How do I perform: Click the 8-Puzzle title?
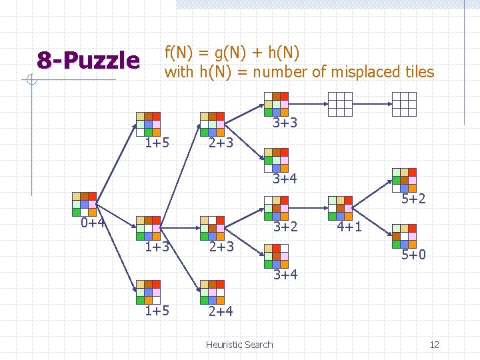88,61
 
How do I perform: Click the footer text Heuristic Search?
239,345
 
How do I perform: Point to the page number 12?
434,345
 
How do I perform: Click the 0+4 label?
93,223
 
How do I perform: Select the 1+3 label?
158,247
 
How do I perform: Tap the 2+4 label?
220,311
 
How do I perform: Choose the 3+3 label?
285,123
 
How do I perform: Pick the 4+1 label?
349,227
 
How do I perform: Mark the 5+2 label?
413,199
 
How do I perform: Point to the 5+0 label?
413,255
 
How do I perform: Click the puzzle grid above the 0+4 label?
85,204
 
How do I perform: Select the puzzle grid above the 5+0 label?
405,236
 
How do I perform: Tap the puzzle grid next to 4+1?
341,208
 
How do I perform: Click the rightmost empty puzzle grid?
404,104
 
